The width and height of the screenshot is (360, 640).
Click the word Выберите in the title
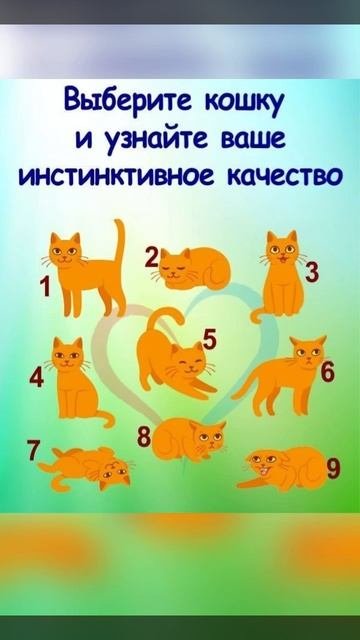click(x=128, y=100)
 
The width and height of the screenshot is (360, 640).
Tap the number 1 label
click(x=45, y=286)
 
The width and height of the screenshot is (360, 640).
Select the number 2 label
click(x=152, y=258)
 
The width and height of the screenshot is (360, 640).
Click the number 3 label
click(x=312, y=273)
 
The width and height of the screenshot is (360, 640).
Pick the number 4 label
click(x=36, y=378)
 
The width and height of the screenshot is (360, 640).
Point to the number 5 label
click(x=210, y=340)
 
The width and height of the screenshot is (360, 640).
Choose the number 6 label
click(x=328, y=372)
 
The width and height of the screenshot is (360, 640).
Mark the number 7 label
click(x=34, y=450)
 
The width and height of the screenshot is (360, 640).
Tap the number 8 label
click(x=144, y=438)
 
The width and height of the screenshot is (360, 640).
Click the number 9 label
click(x=333, y=469)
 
